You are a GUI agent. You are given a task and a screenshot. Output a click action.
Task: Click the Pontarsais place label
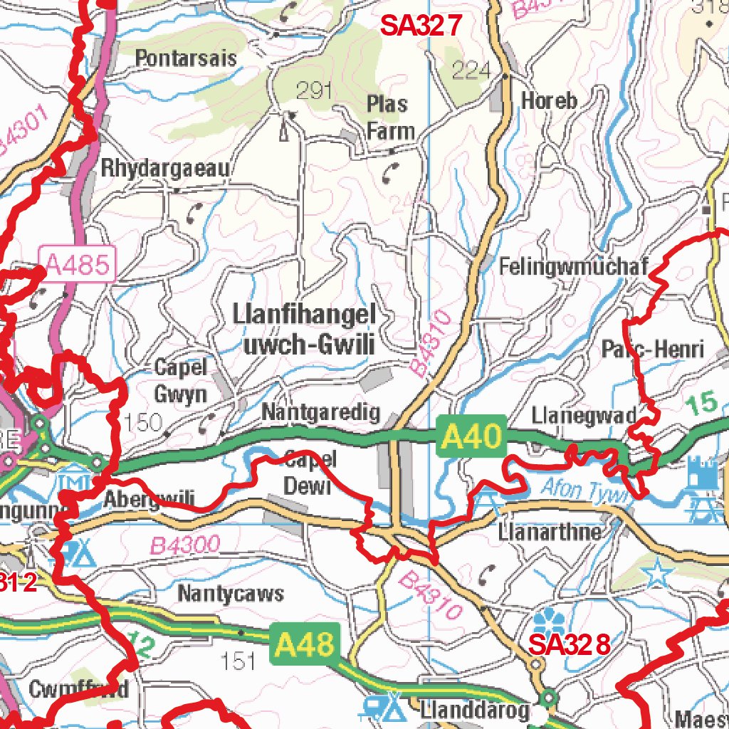pyautogui.click(x=186, y=58)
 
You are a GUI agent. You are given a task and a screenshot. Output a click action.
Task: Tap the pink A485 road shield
pyautogui.click(x=78, y=266)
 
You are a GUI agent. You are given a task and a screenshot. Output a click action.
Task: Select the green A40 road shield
pyautogui.click(x=471, y=436)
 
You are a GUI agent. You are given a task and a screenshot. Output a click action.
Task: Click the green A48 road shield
pyautogui.click(x=305, y=645)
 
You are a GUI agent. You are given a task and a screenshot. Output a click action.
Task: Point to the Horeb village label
pyautogui.click(x=549, y=100)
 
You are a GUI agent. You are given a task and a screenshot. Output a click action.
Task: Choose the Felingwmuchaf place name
pyautogui.click(x=574, y=267)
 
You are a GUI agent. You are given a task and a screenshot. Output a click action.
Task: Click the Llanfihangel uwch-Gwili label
pyautogui.click(x=305, y=330)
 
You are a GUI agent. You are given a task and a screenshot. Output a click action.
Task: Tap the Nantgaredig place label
pyautogui.click(x=321, y=413)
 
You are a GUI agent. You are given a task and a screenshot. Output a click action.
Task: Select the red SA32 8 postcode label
pyautogui.click(x=570, y=645)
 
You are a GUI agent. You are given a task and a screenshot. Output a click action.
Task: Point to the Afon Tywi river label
pyautogui.click(x=582, y=490)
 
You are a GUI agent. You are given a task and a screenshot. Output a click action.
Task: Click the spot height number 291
pyautogui.click(x=315, y=90)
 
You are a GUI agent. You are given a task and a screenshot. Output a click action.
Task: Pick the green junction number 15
pyautogui.click(x=703, y=404)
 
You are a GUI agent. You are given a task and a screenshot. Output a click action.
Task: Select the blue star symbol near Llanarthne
pyautogui.click(x=656, y=573)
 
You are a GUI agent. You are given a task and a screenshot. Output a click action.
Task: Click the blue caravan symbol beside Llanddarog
pyautogui.click(x=383, y=706)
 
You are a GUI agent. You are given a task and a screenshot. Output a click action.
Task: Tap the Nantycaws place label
pyautogui.click(x=231, y=593)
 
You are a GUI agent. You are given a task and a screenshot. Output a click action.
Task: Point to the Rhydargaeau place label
pyautogui.click(x=166, y=169)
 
